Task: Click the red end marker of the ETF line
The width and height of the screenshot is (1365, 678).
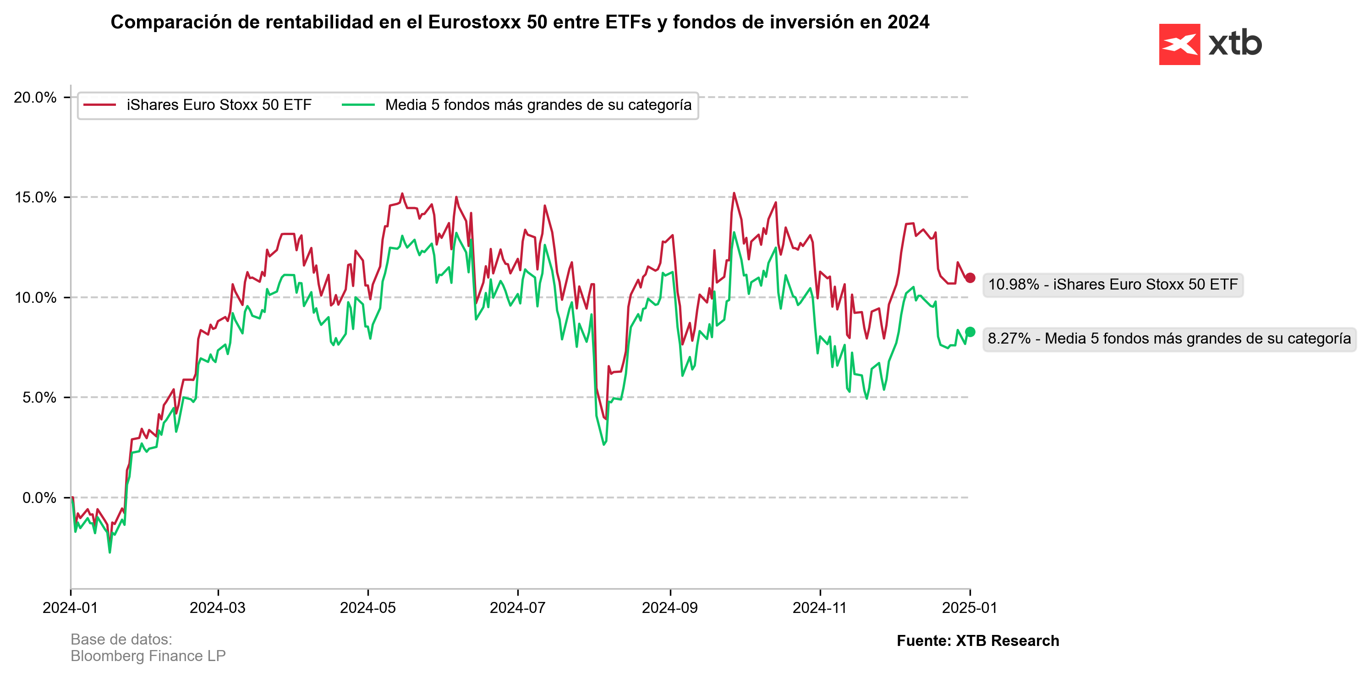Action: (970, 278)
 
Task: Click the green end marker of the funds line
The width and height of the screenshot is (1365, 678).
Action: (970, 332)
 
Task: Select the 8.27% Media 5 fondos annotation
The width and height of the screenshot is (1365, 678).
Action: (1169, 339)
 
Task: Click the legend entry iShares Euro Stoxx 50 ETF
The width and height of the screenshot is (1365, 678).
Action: (218, 105)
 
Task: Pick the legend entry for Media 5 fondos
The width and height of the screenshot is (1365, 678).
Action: (538, 105)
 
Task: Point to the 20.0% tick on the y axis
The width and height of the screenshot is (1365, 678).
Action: (35, 98)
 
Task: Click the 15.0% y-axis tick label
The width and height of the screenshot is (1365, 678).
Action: (35, 197)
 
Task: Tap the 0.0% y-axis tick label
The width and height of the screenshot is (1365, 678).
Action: (38, 498)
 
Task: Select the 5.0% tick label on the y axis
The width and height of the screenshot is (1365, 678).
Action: (38, 398)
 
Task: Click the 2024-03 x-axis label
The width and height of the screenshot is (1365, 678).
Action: (218, 607)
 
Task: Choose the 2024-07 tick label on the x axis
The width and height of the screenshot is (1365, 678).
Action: (518, 607)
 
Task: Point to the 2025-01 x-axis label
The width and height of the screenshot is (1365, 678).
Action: (969, 607)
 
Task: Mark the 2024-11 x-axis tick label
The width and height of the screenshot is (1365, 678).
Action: (820, 607)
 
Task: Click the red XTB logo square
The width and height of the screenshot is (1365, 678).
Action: (1179, 44)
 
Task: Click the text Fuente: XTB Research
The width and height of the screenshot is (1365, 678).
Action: (978, 641)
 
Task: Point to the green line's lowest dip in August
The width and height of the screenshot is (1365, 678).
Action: (603, 444)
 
